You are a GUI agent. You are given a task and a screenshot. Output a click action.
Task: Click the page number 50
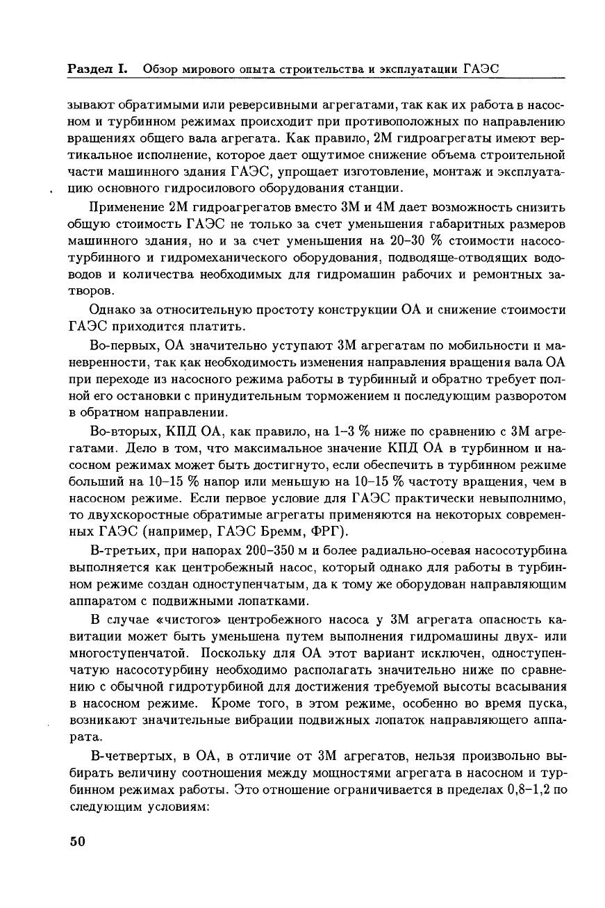click(x=76, y=841)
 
